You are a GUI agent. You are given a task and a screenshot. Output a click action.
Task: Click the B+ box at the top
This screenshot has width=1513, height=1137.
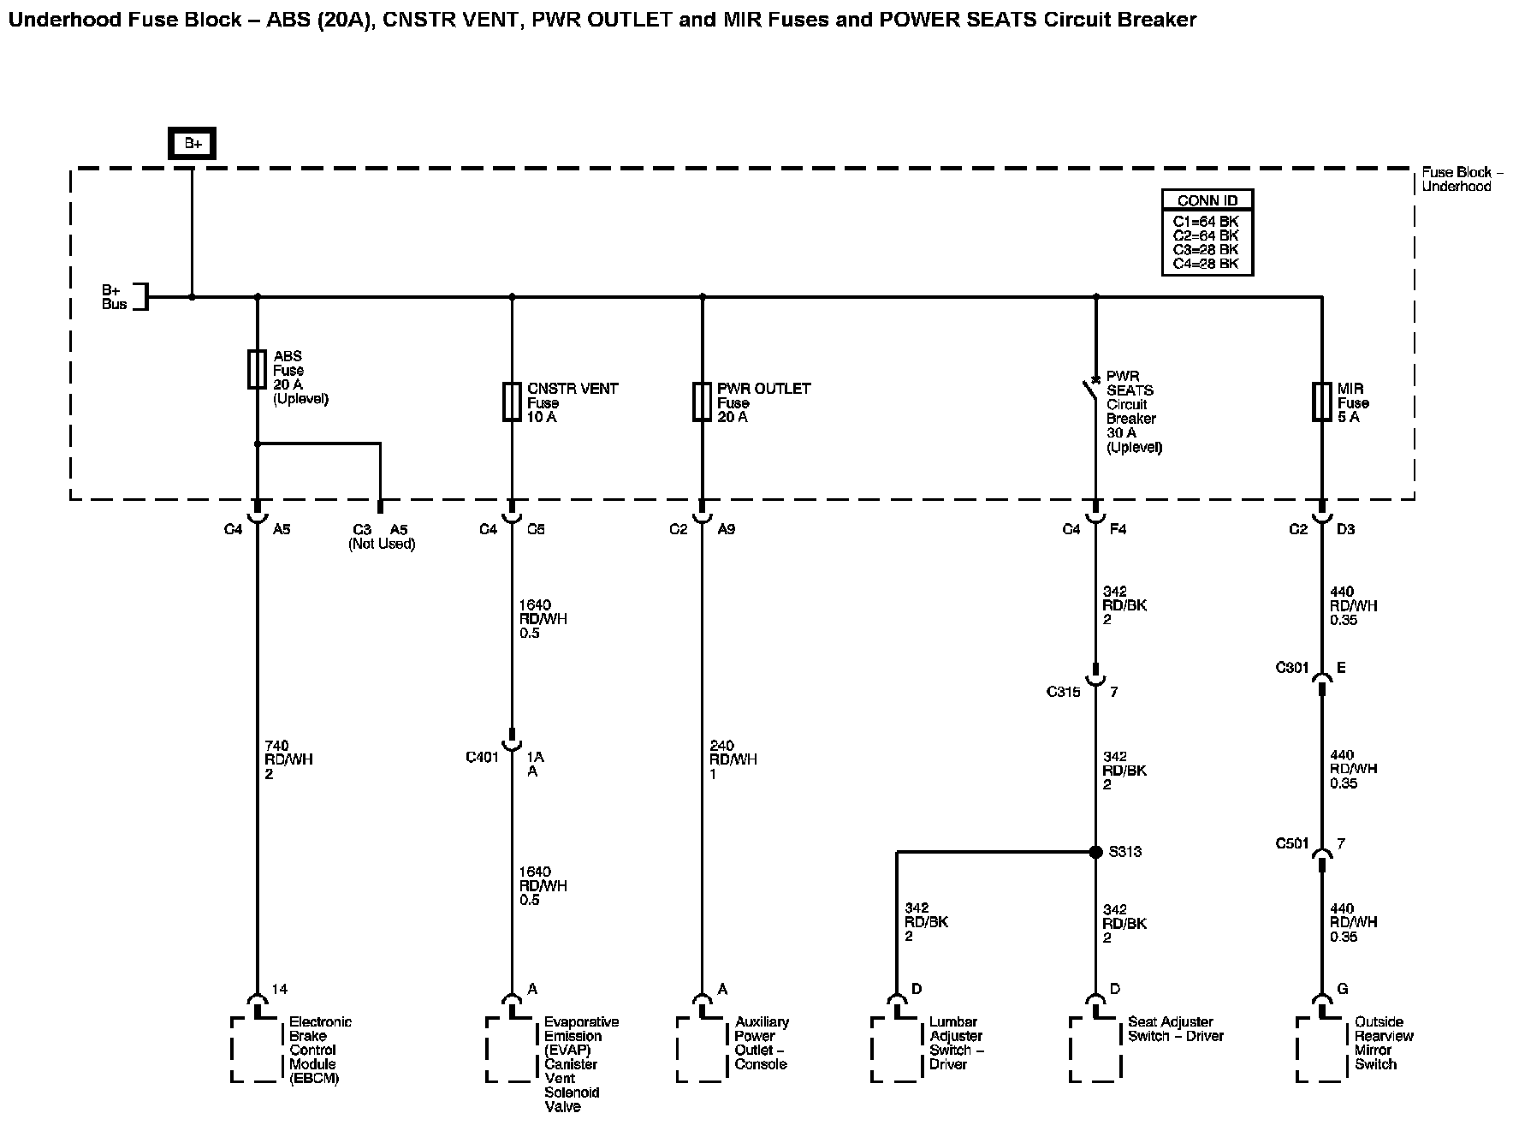click(x=192, y=144)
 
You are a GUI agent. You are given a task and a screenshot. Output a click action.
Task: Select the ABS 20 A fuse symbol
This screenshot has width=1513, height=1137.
click(x=257, y=369)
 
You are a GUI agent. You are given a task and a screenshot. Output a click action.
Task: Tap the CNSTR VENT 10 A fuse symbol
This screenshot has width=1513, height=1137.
click(x=512, y=402)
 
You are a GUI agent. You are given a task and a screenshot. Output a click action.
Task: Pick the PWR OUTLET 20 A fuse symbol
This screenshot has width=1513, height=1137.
click(x=702, y=402)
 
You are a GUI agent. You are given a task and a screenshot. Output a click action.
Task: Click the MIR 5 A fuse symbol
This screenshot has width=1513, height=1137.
click(x=1321, y=402)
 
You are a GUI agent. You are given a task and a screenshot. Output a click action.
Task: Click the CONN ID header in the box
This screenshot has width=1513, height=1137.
click(x=1207, y=200)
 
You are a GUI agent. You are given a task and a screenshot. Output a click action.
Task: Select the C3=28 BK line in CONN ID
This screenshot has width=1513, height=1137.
click(x=1207, y=249)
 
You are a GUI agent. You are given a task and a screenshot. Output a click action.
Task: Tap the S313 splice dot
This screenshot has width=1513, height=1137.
click(x=1095, y=852)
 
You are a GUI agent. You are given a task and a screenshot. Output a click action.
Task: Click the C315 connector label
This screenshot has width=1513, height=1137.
click(x=1063, y=692)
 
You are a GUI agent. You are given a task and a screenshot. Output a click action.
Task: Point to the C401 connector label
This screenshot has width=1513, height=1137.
click(x=482, y=757)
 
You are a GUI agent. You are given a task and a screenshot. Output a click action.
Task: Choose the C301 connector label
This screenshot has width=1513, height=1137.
click(x=1292, y=668)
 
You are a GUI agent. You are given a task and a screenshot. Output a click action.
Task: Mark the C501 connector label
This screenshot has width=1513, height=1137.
click(x=1292, y=843)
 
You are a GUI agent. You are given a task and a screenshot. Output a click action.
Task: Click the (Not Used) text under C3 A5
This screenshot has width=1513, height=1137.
click(x=381, y=544)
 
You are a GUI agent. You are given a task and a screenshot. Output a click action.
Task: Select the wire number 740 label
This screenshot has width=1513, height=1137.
click(x=277, y=746)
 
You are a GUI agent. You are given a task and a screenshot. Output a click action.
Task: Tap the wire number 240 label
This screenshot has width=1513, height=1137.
click(x=721, y=746)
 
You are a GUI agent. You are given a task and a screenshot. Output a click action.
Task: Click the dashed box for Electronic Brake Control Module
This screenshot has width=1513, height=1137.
click(x=257, y=1050)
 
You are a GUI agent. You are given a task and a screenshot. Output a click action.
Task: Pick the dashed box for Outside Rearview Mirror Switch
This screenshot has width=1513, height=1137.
click(x=1321, y=1050)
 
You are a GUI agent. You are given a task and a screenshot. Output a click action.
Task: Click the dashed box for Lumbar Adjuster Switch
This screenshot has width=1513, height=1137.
click(x=897, y=1050)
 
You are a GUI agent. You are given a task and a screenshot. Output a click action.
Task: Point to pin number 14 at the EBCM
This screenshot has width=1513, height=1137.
click(x=279, y=989)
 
